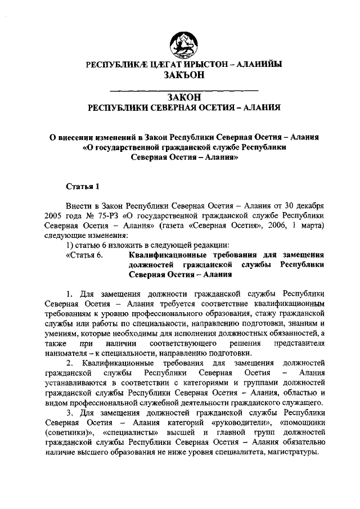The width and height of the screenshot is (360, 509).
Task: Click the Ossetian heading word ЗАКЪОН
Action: tap(184, 75)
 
